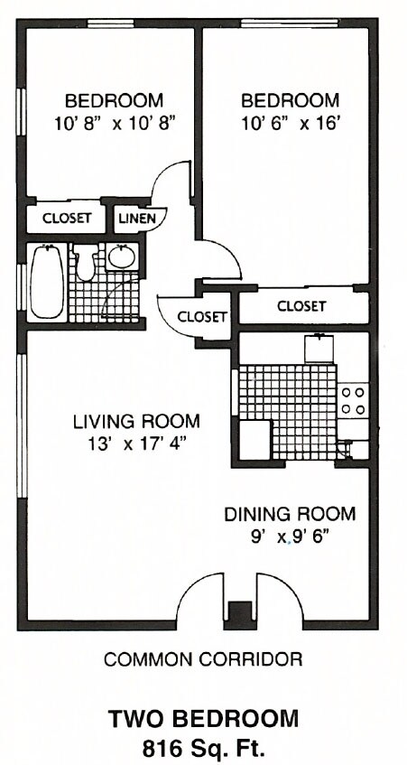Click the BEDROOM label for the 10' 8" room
point(114,99)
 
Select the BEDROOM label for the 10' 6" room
point(290,99)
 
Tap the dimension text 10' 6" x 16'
point(290,123)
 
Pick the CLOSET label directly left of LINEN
point(66,219)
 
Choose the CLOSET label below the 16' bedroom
point(301,306)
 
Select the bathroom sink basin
point(121,257)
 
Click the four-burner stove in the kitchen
point(354,401)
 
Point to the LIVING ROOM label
point(136,421)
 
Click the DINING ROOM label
point(289,514)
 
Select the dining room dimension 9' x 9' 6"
point(289,537)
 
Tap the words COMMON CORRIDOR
point(203,659)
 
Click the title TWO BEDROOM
point(203,719)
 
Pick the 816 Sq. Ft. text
point(203,747)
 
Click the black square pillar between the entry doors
point(236,612)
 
